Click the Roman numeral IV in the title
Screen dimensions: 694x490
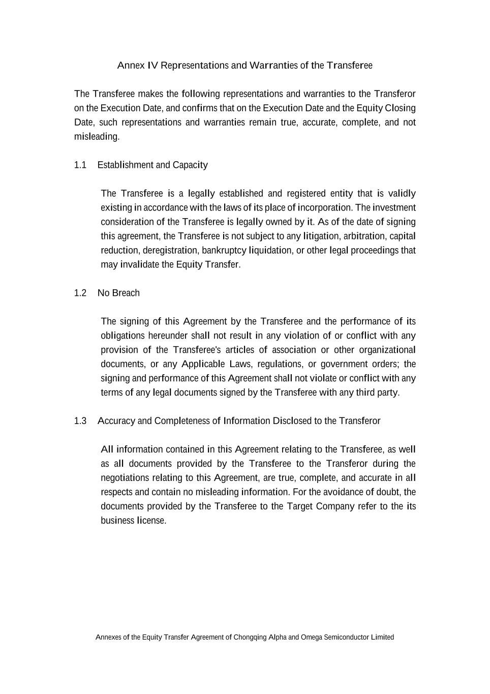[x=152, y=66]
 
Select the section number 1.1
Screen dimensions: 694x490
[x=80, y=165]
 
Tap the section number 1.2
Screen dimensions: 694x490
[x=80, y=293]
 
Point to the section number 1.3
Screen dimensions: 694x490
[x=80, y=421]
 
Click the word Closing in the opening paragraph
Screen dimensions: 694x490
[x=400, y=108]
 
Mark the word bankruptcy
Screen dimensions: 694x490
[x=224, y=251]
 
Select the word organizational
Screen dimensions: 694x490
[x=387, y=350]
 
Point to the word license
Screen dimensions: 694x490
[x=151, y=521]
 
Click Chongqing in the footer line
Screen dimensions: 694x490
[x=250, y=638]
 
